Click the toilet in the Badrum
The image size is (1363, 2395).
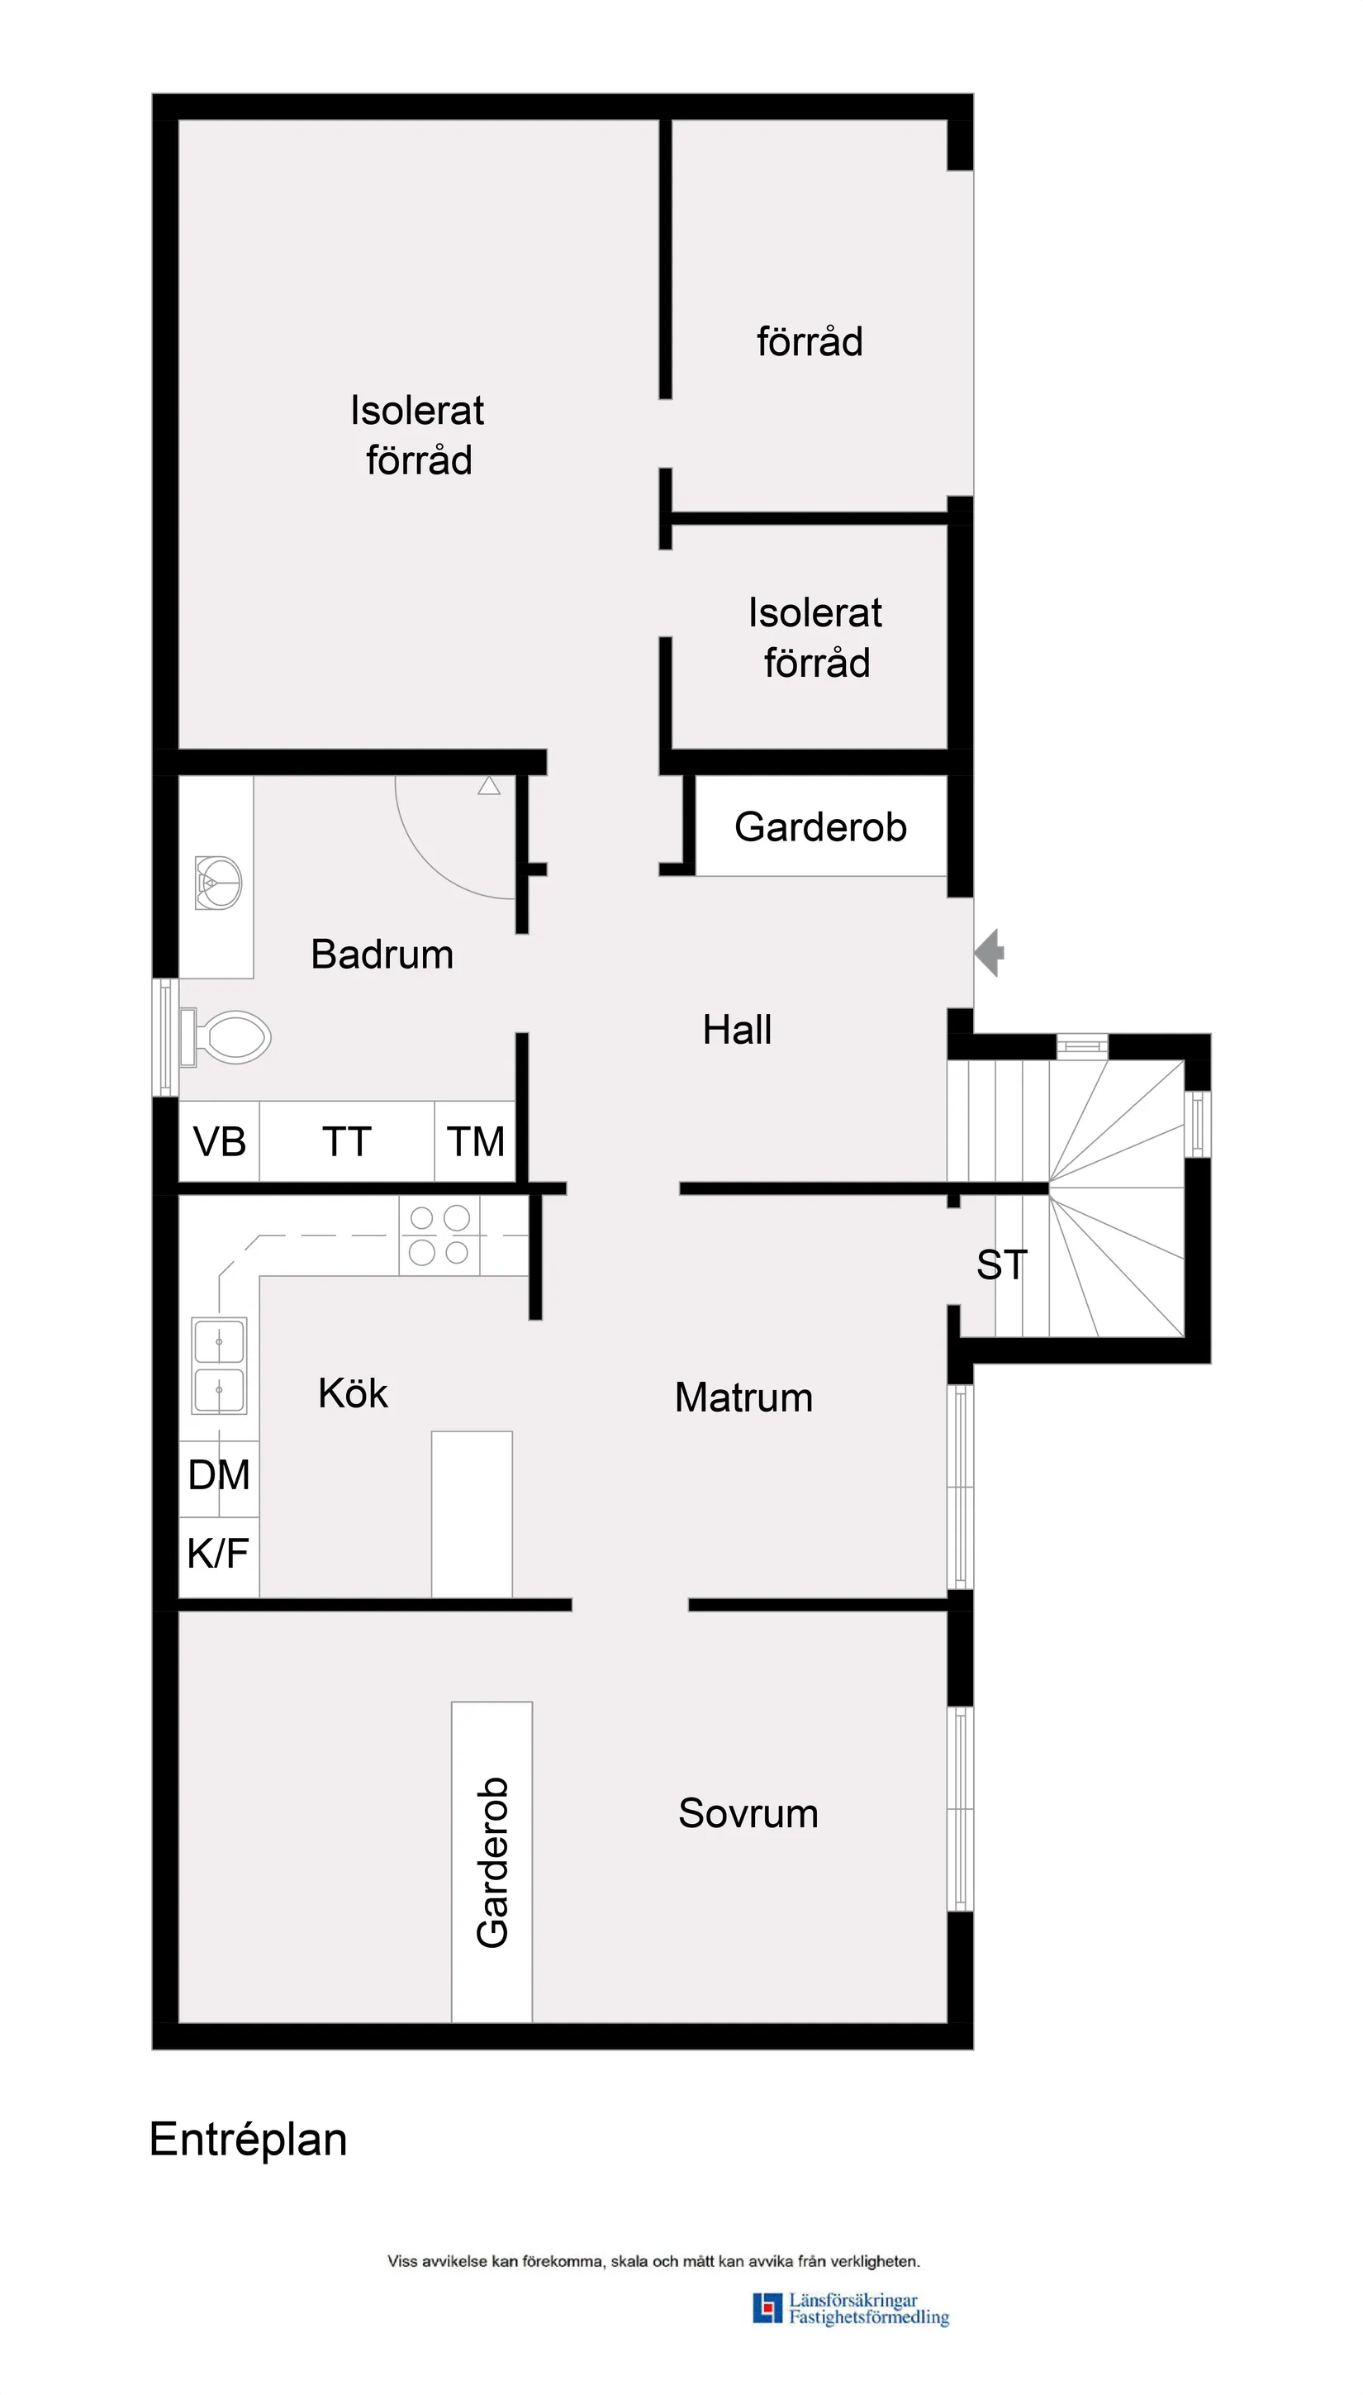pyautogui.click(x=230, y=1036)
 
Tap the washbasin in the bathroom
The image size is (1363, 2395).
pyautogui.click(x=219, y=882)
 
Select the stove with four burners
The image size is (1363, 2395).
pyautogui.click(x=439, y=1235)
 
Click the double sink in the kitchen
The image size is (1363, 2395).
pyautogui.click(x=219, y=1365)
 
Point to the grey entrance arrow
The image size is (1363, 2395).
pyautogui.click(x=990, y=952)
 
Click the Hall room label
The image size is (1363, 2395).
pyautogui.click(x=738, y=1030)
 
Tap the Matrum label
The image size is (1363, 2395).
pyautogui.click(x=743, y=1397)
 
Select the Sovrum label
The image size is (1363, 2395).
pyautogui.click(x=748, y=1813)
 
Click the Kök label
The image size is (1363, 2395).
pyautogui.click(x=353, y=1393)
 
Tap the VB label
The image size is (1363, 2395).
pyautogui.click(x=219, y=1141)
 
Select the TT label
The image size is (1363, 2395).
pyautogui.click(x=346, y=1141)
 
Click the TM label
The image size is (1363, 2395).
pyautogui.click(x=476, y=1141)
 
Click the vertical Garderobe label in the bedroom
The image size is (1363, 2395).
pyautogui.click(x=492, y=1862)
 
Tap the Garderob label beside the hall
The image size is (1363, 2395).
pyautogui.click(x=820, y=826)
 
